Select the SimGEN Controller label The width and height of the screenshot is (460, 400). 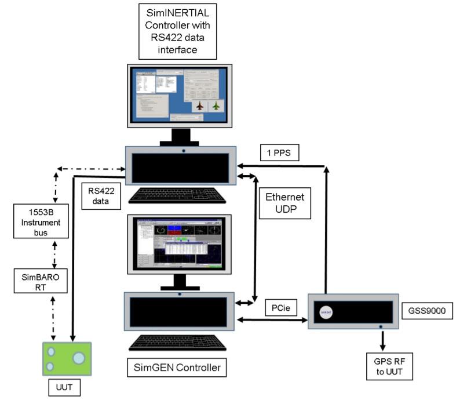pyautogui.click(x=176, y=367)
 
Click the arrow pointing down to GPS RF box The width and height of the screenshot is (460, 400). pyautogui.click(x=382, y=338)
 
